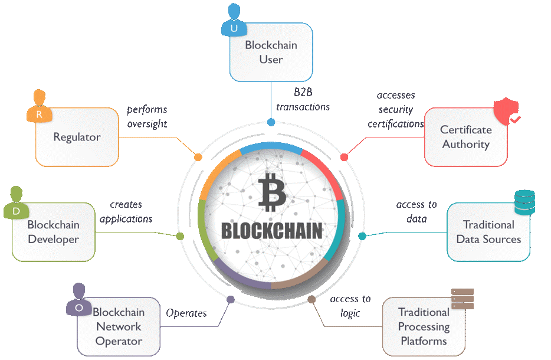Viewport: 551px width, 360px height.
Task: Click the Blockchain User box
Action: coord(271,53)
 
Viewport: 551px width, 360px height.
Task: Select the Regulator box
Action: coord(77,137)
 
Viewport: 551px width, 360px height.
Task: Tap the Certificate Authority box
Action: coord(466,137)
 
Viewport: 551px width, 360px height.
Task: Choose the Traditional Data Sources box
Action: coord(488,232)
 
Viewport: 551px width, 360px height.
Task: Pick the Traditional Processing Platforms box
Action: coord(424,326)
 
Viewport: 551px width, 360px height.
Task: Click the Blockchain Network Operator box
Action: coord(119,326)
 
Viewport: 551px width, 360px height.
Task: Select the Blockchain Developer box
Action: coord(54,232)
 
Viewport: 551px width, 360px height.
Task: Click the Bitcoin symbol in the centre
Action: coord(271,192)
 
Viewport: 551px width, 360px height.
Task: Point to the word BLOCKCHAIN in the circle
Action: coord(271,231)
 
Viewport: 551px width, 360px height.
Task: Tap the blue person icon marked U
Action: coord(234,20)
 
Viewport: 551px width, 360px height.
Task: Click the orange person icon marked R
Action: coord(40,106)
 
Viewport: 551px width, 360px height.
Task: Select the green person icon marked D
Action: coord(16,203)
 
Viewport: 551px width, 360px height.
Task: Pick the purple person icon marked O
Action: coord(79,300)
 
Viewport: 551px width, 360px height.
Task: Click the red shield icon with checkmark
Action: coord(507,111)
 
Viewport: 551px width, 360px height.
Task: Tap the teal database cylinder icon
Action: coord(524,202)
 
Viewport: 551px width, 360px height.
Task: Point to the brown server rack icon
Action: coord(463,299)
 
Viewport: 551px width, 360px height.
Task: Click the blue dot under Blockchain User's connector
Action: coord(271,122)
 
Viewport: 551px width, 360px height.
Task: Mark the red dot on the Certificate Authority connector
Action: coord(345,157)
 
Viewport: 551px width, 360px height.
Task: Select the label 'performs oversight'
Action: coord(147,117)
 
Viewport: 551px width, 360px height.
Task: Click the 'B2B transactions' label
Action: coord(303,100)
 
